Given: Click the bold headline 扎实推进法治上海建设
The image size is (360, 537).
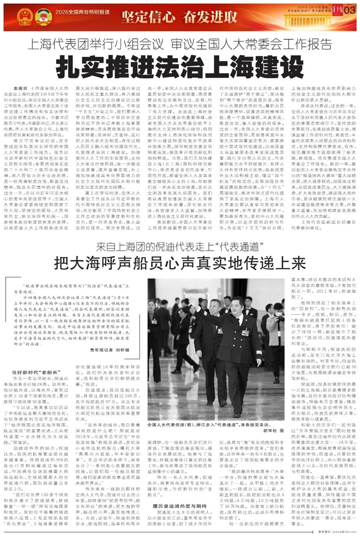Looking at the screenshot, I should point(179,64).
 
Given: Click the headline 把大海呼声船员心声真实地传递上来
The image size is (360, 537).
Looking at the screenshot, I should point(180,261).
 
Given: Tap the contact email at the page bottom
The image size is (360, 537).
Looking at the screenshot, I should point(340,532).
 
